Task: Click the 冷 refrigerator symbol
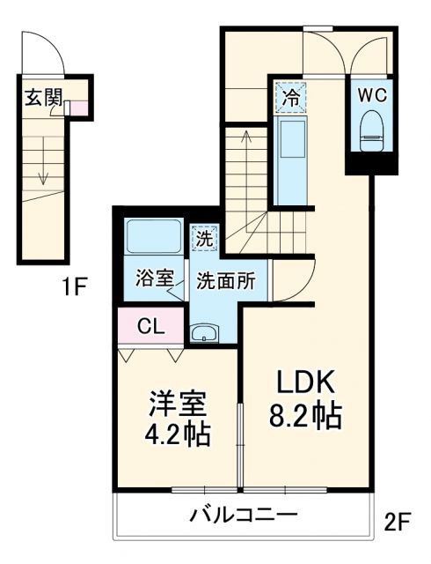[x=289, y=96]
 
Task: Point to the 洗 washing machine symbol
[x=204, y=236]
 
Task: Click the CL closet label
[x=150, y=325]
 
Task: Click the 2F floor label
[x=397, y=522]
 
